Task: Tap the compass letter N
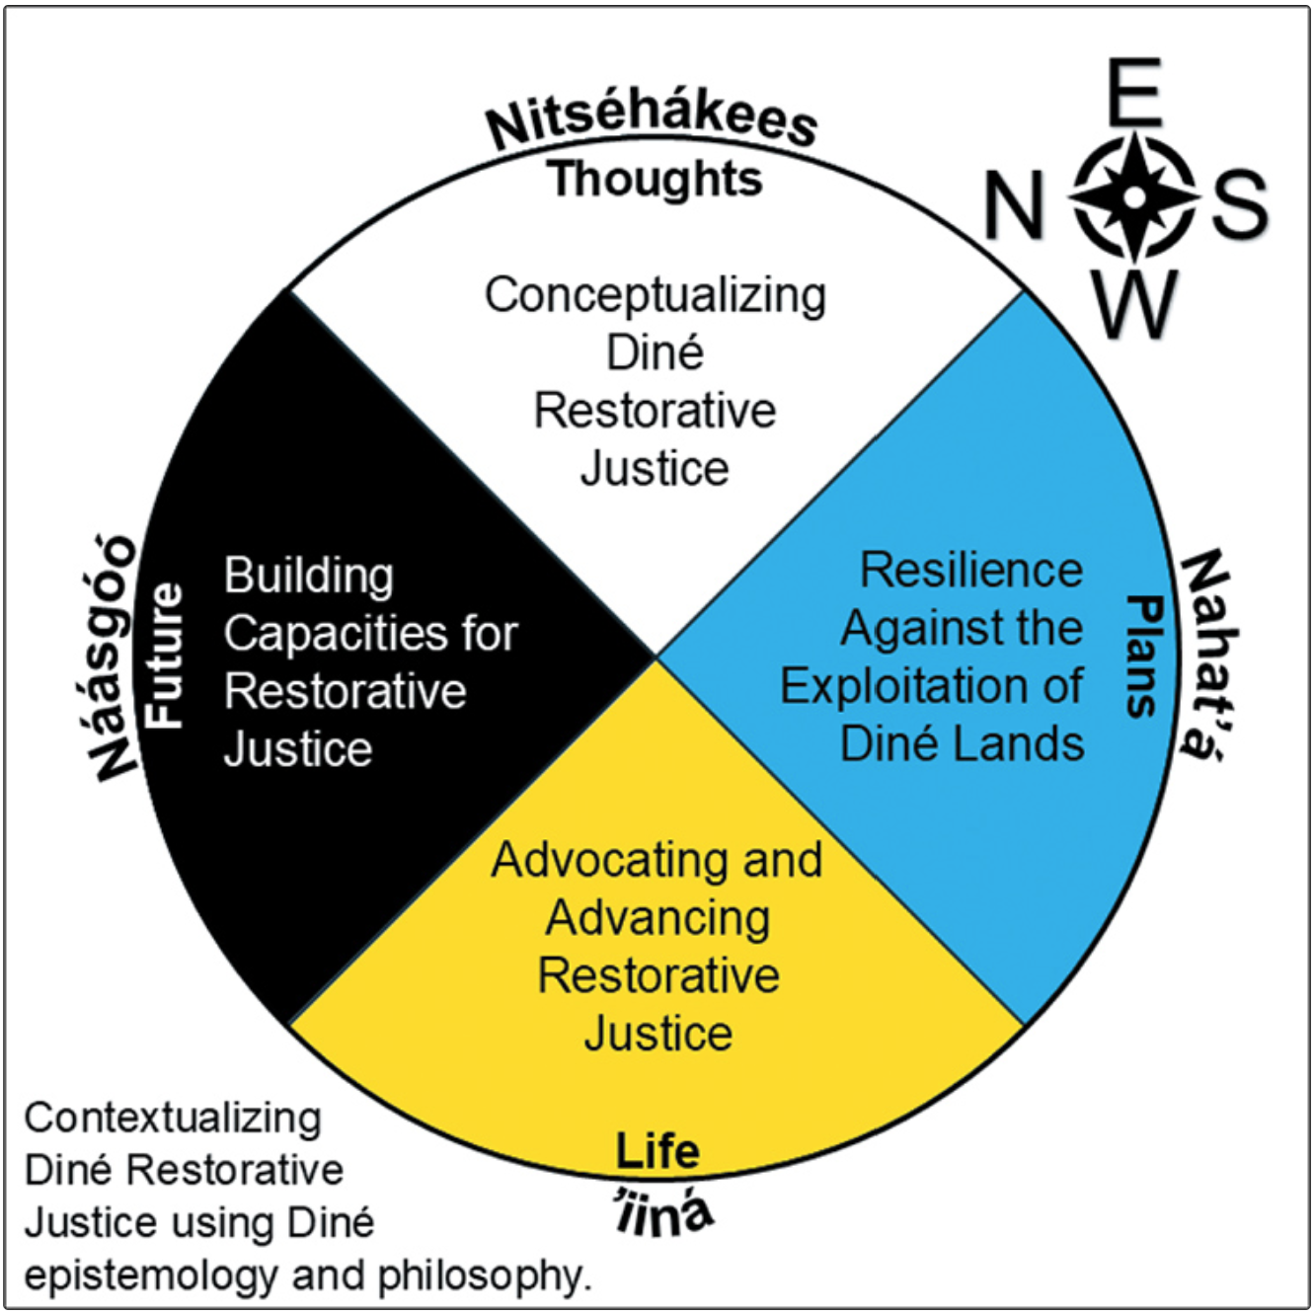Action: (1014, 205)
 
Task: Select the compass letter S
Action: (1240, 204)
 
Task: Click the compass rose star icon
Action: (1134, 197)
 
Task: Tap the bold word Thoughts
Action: (656, 180)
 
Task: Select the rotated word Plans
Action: (1144, 656)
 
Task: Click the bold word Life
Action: (657, 1151)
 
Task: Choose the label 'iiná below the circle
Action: (662, 1213)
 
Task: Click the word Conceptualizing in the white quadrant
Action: (656, 295)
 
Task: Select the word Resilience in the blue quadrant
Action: (971, 570)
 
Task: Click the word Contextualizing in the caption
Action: (173, 1118)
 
